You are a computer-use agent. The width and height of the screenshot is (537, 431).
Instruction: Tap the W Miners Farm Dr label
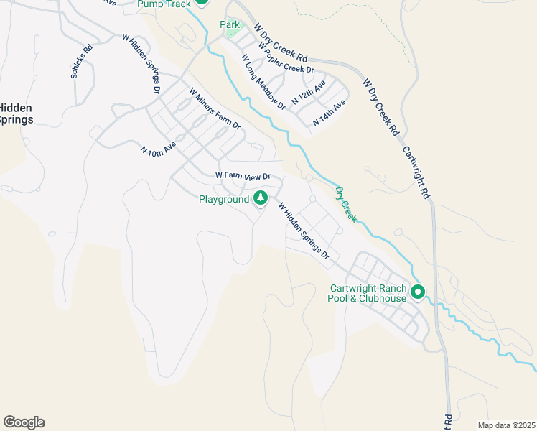click(x=215, y=108)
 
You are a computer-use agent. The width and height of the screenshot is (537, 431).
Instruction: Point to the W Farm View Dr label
click(x=243, y=176)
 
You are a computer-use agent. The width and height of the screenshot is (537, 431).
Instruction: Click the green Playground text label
click(x=223, y=199)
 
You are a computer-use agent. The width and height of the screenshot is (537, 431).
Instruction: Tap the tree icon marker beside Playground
click(x=261, y=198)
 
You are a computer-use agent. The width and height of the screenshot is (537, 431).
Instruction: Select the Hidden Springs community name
click(x=16, y=113)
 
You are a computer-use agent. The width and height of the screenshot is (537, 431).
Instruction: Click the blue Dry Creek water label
click(x=346, y=204)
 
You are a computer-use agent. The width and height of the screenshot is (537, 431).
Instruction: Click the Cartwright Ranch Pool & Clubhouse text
click(x=368, y=293)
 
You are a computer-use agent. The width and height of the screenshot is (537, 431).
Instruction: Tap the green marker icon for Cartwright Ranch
click(x=418, y=292)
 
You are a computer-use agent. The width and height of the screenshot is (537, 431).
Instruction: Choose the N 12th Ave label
click(x=309, y=92)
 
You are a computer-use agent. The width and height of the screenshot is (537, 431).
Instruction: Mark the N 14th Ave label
click(x=330, y=113)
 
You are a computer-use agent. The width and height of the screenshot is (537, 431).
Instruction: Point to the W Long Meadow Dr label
click(x=263, y=82)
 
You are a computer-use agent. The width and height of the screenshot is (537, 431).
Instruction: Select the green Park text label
click(x=230, y=24)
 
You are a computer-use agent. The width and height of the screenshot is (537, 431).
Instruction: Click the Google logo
click(x=24, y=422)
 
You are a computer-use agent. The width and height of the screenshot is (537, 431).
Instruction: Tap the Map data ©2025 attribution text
click(x=505, y=425)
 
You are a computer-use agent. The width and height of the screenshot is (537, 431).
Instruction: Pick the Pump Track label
click(x=164, y=4)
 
